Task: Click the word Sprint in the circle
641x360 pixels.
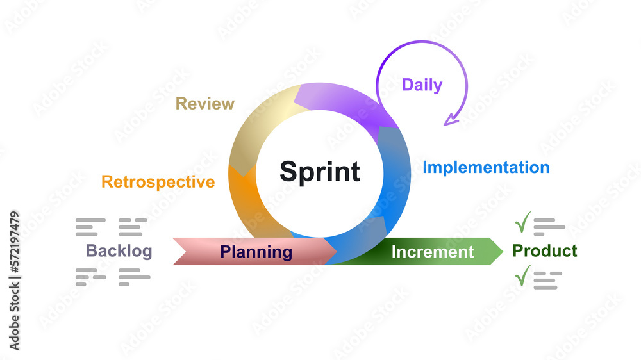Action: click(x=320, y=172)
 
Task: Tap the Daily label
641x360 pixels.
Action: click(x=422, y=85)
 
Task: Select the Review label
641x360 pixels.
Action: click(x=205, y=103)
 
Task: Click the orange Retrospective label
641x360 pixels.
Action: click(x=158, y=182)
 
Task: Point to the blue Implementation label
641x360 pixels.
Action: click(x=486, y=167)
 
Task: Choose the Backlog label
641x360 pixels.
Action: click(x=119, y=250)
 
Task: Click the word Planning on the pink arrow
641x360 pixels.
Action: click(x=256, y=252)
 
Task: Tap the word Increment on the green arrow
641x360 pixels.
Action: click(x=433, y=252)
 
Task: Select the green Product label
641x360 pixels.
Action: click(x=545, y=250)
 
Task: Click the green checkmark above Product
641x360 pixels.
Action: click(x=523, y=222)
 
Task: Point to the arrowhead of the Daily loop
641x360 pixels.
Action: click(x=453, y=119)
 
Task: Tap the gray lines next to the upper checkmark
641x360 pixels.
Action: click(x=549, y=226)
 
